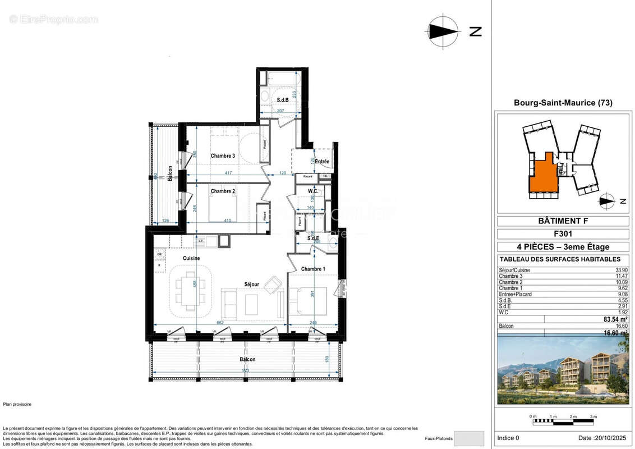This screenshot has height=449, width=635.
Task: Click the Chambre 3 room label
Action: (223, 155)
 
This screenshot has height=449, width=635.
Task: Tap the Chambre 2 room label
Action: (223, 191)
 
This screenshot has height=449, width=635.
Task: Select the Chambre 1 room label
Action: (313, 269)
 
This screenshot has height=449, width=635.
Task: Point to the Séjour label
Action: (251, 285)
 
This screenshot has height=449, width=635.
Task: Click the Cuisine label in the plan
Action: (191, 258)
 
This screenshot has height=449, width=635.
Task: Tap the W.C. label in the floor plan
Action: (313, 191)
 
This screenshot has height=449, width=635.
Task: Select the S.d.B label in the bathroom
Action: (282, 100)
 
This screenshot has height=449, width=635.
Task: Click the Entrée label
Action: (322, 162)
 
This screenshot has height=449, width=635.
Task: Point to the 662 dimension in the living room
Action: (220, 322)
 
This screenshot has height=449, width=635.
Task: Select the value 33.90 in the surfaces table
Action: (620, 270)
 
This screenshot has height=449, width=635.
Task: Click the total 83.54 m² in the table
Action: (615, 319)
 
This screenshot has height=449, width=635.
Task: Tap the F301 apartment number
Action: (563, 233)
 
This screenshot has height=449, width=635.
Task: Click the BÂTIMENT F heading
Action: (563, 221)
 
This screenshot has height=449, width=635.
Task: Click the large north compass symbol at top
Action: (443, 31)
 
